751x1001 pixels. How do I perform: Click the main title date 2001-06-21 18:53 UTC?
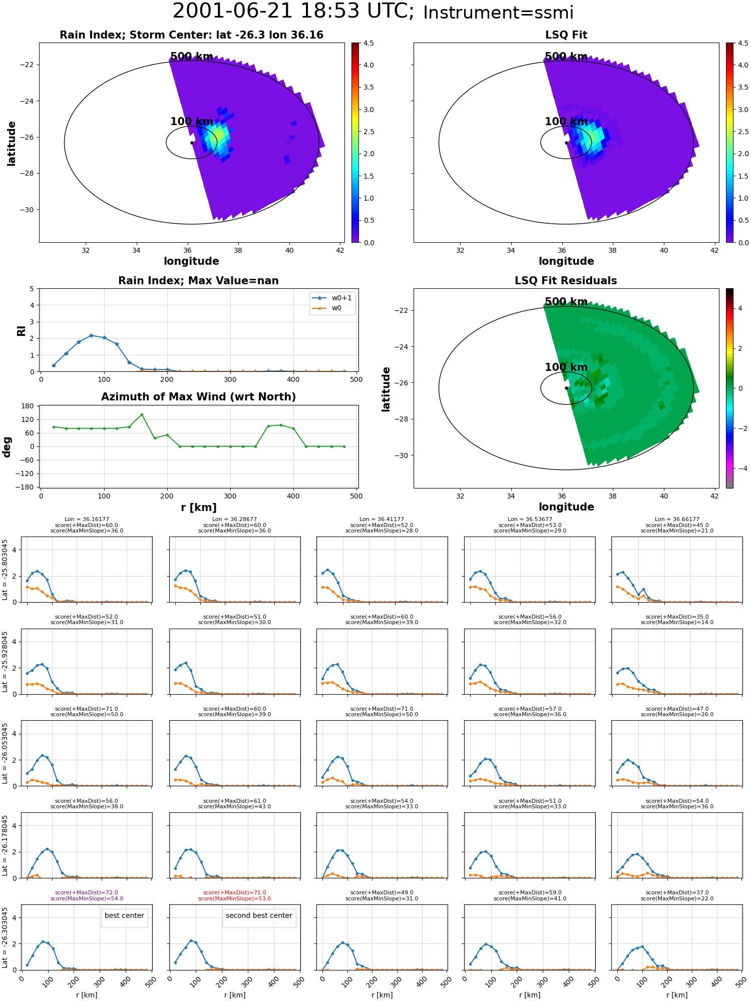pyautogui.click(x=293, y=12)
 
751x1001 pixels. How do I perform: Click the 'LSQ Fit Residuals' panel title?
pyautogui.click(x=566, y=281)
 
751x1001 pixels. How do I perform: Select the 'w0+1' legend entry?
pyautogui.click(x=332, y=298)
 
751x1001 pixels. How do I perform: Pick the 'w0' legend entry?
pyautogui.click(x=332, y=308)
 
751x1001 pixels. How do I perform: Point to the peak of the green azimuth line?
pyautogui.click(x=142, y=414)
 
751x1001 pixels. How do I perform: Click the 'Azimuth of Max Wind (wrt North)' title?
pyautogui.click(x=199, y=397)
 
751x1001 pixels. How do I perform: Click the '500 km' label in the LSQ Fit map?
pyautogui.click(x=566, y=57)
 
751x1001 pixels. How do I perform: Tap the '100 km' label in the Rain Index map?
pyautogui.click(x=192, y=122)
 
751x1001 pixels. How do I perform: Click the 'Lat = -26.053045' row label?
pyautogui.click(x=5, y=753)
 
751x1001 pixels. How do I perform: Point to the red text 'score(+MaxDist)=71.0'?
pyautogui.click(x=234, y=893)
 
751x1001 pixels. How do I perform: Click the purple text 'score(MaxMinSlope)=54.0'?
pyautogui.click(x=87, y=899)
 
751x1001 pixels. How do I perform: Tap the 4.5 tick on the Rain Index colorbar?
pyautogui.click(x=368, y=43)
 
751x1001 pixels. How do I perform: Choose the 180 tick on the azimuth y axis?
pyautogui.click(x=28, y=406)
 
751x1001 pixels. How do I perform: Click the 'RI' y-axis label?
pyautogui.click(x=22, y=330)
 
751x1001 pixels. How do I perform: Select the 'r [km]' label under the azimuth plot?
pyautogui.click(x=199, y=508)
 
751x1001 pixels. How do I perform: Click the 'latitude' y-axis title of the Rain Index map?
pyautogui.click(x=12, y=143)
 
